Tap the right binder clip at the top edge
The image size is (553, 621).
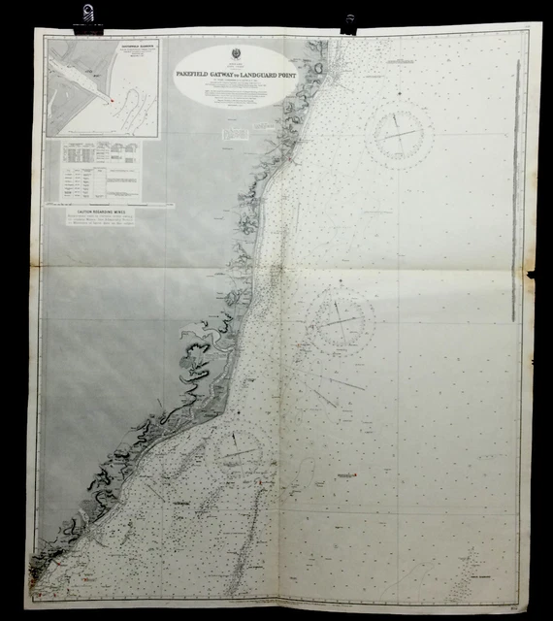[348, 22]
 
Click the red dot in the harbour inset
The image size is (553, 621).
[113, 99]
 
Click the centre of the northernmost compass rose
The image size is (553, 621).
[399, 133]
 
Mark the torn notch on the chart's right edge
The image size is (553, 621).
[532, 278]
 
